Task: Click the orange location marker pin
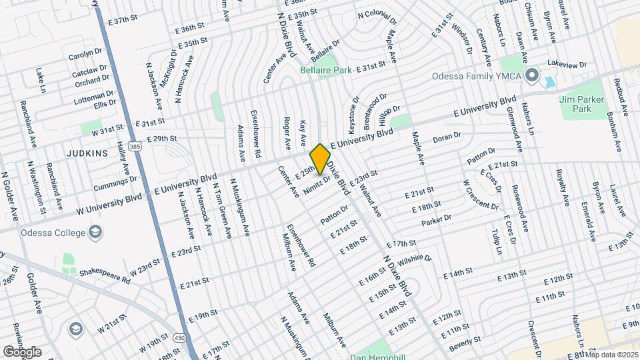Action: click(x=320, y=159)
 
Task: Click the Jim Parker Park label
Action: click(x=575, y=103)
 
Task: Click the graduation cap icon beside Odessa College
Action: click(x=96, y=233)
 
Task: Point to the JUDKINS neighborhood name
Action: click(x=87, y=153)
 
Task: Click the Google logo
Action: click(x=22, y=351)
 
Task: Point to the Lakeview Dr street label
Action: click(x=566, y=65)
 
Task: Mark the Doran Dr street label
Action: click(x=447, y=137)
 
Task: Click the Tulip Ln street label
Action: click(x=495, y=243)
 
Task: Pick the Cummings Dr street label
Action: click(x=110, y=185)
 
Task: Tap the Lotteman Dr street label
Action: click(x=95, y=97)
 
